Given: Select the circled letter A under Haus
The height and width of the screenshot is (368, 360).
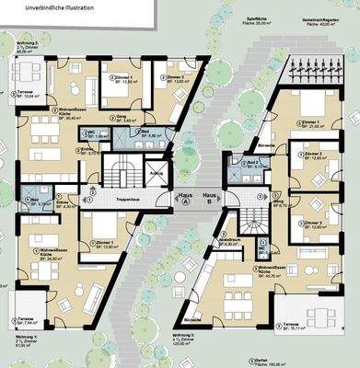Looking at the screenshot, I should (185, 206).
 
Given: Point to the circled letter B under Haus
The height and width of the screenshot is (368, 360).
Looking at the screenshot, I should (210, 206).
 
